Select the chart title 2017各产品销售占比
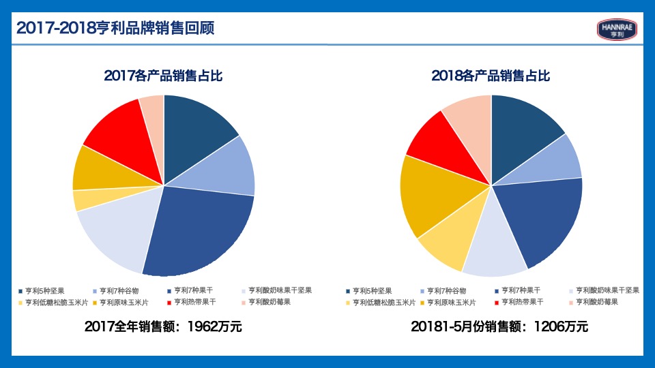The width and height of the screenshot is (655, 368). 163,76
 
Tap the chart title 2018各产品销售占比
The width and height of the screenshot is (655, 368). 491,76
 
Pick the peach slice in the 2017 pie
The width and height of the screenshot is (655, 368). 154,109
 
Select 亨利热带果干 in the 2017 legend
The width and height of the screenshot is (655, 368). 194,302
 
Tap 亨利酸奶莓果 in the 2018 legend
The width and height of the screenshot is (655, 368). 596,302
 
